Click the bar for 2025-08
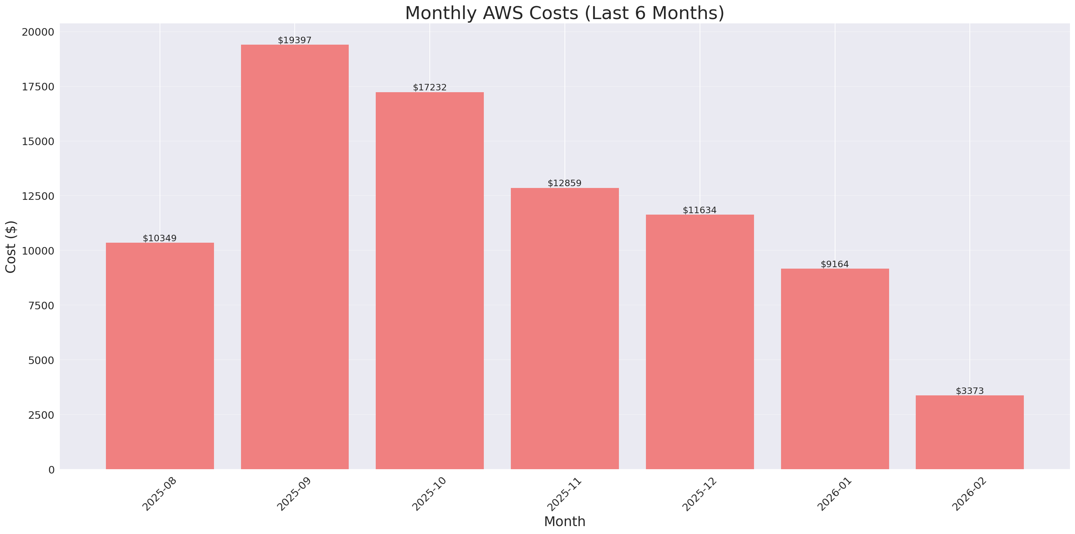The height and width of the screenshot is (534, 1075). click(x=160, y=356)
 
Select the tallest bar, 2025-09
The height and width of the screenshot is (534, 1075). click(x=295, y=257)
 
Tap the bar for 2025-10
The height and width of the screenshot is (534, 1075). click(x=429, y=281)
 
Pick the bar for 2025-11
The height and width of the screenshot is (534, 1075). click(x=565, y=328)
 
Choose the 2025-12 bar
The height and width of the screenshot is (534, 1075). click(x=700, y=342)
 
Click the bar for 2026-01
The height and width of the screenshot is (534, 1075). click(x=835, y=369)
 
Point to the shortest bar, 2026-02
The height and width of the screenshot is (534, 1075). click(x=969, y=432)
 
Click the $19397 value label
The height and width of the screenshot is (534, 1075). click(x=295, y=40)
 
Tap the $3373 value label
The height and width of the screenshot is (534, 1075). click(x=969, y=391)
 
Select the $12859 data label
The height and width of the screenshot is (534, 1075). click(x=565, y=183)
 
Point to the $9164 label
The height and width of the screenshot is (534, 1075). click(x=835, y=264)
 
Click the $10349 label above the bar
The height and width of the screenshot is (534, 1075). click(x=160, y=238)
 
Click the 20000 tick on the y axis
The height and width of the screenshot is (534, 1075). click(x=38, y=32)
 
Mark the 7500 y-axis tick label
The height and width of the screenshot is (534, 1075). click(x=41, y=306)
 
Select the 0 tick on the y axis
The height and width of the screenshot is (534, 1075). click(x=51, y=470)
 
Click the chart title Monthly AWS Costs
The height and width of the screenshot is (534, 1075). click(x=565, y=13)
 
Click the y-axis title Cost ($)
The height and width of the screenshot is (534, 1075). click(x=11, y=247)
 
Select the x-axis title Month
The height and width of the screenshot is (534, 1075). click(x=565, y=521)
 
